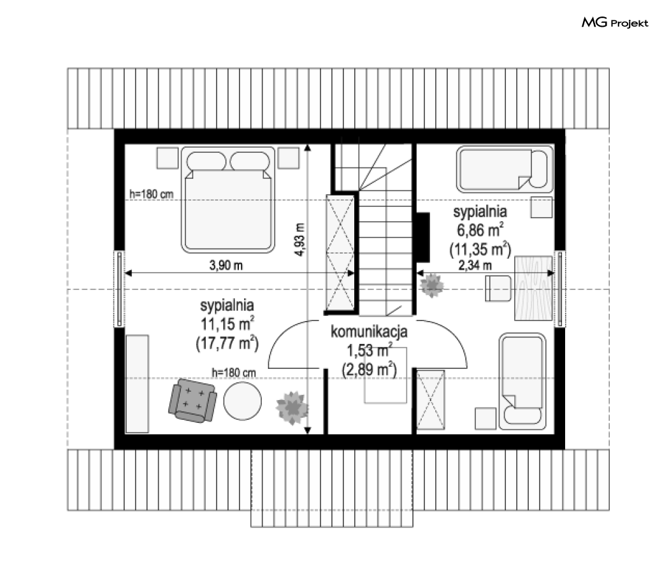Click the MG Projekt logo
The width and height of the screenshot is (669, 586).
tap(615, 22)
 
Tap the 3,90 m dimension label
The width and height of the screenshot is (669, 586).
tap(226, 265)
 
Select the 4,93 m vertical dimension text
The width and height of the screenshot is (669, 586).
tap(299, 239)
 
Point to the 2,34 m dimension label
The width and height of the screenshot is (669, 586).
tap(475, 265)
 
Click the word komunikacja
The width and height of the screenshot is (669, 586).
tap(369, 332)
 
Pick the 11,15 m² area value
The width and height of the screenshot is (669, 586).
tap(227, 324)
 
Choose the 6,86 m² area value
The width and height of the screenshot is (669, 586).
tap(480, 230)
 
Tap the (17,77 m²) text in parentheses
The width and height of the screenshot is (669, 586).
tap(227, 343)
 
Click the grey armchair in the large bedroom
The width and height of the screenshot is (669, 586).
tap(192, 401)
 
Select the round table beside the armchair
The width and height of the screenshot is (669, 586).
tap(242, 401)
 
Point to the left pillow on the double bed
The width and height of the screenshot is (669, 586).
tap(206, 162)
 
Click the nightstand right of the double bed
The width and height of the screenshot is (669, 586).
tap(289, 158)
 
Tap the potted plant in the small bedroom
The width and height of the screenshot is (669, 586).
tap(432, 285)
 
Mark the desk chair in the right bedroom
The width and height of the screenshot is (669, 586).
tap(498, 289)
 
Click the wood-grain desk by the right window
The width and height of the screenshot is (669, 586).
tap(534, 289)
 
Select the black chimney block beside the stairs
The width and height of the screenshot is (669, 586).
tap(423, 237)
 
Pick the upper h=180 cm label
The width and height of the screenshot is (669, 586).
tap(152, 194)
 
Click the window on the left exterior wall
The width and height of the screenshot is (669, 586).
tap(119, 289)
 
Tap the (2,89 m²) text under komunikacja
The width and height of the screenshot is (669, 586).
tap(370, 369)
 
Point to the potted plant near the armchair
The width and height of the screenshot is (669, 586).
tap(292, 408)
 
